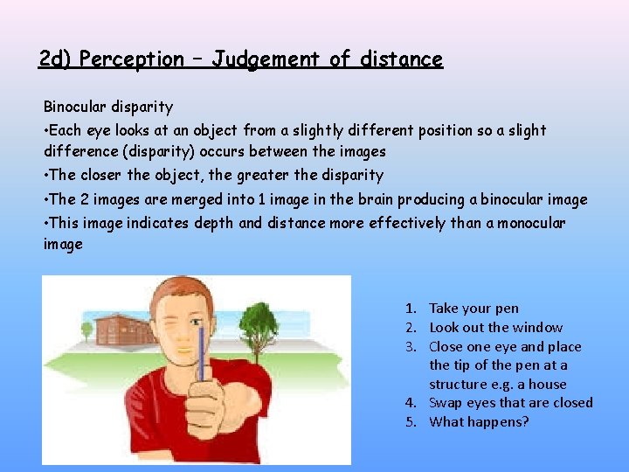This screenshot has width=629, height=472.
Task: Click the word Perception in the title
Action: [x=130, y=59]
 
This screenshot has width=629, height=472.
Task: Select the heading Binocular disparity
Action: [x=108, y=107]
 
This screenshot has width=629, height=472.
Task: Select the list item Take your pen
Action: [x=473, y=308]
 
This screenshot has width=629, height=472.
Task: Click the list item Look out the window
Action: [x=495, y=327]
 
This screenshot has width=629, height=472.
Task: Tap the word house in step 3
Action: [x=549, y=384]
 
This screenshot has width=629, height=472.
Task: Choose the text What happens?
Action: [x=479, y=422]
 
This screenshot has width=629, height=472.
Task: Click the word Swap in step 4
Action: [x=446, y=403]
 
